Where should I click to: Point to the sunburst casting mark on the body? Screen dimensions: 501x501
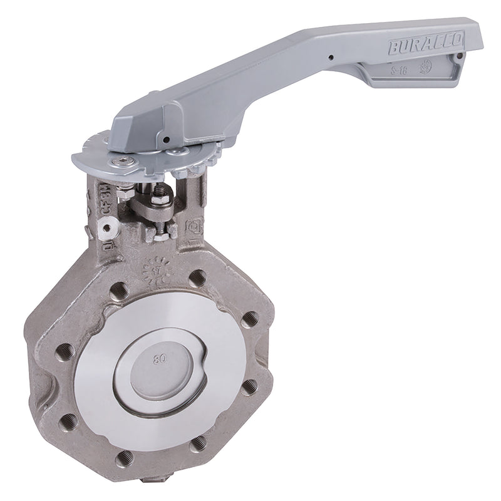point(155,270)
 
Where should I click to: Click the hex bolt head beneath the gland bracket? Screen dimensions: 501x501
point(155,232)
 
